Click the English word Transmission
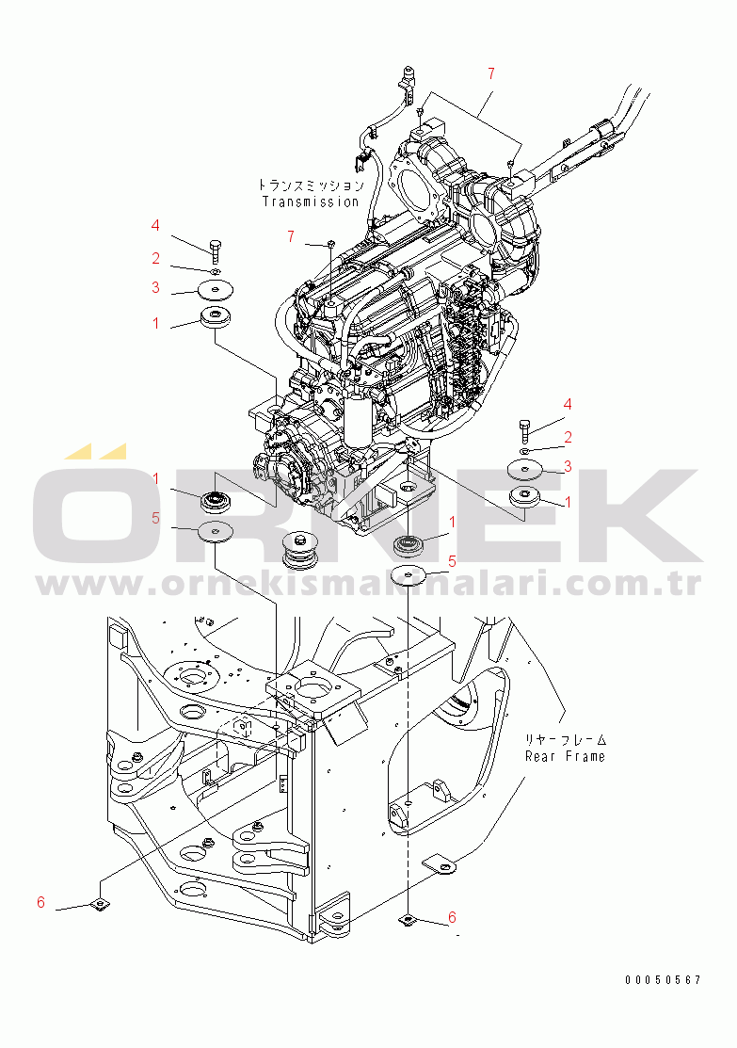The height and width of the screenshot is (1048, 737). (x=310, y=202)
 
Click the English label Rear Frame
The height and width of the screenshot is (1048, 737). (x=565, y=757)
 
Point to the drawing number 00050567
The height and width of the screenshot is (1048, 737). (x=663, y=980)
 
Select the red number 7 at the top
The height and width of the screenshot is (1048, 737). (x=491, y=73)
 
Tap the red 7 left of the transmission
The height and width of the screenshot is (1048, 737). (x=291, y=236)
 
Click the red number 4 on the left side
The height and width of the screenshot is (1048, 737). (x=155, y=225)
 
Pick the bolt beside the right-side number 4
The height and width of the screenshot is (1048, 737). (x=524, y=431)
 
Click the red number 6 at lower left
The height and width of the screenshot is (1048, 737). (x=40, y=902)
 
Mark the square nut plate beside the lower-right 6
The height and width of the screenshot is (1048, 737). (x=407, y=921)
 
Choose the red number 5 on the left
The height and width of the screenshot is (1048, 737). (x=155, y=518)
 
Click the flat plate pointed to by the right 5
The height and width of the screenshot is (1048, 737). (x=408, y=574)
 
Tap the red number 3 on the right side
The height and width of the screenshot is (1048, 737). (x=568, y=466)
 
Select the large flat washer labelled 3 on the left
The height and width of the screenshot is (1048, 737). (x=216, y=291)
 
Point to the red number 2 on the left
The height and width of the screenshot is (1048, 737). (x=155, y=258)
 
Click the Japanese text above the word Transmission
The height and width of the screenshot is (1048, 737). (x=312, y=185)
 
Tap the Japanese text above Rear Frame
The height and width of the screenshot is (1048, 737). (x=566, y=740)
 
